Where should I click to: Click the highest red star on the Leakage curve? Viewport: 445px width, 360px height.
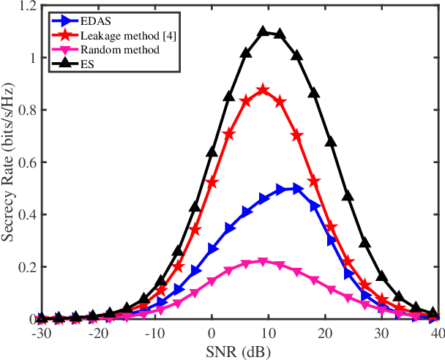(x=263, y=90)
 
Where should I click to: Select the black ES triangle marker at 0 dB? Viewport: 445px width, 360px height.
(x=212, y=151)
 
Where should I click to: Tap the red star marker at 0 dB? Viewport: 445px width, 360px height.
(x=212, y=182)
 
